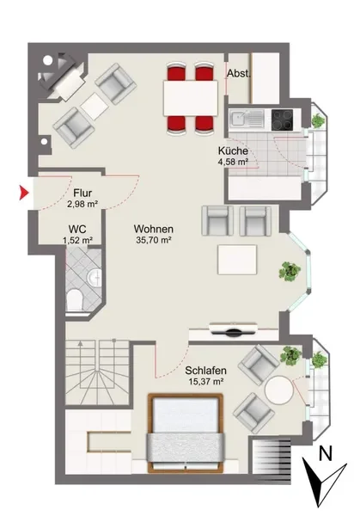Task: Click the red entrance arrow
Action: tap(24, 193)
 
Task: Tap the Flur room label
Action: tap(82, 193)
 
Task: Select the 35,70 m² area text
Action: tap(154, 240)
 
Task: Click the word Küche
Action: tap(233, 151)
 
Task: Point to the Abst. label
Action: tap(239, 73)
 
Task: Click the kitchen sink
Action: tap(247, 119)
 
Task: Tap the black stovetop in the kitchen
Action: tap(282, 120)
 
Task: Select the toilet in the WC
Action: tap(74, 300)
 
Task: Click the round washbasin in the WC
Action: tap(95, 277)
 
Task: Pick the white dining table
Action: tap(191, 98)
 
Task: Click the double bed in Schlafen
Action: tap(186, 433)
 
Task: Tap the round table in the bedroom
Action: tap(278, 390)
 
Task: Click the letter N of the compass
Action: tap(326, 453)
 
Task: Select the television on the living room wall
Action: tap(234, 329)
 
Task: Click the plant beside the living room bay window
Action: tap(290, 271)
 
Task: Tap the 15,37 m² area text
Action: tap(206, 382)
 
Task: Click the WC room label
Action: tap(77, 229)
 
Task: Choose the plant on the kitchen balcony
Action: tap(318, 120)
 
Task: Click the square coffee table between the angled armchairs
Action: tap(95, 107)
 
